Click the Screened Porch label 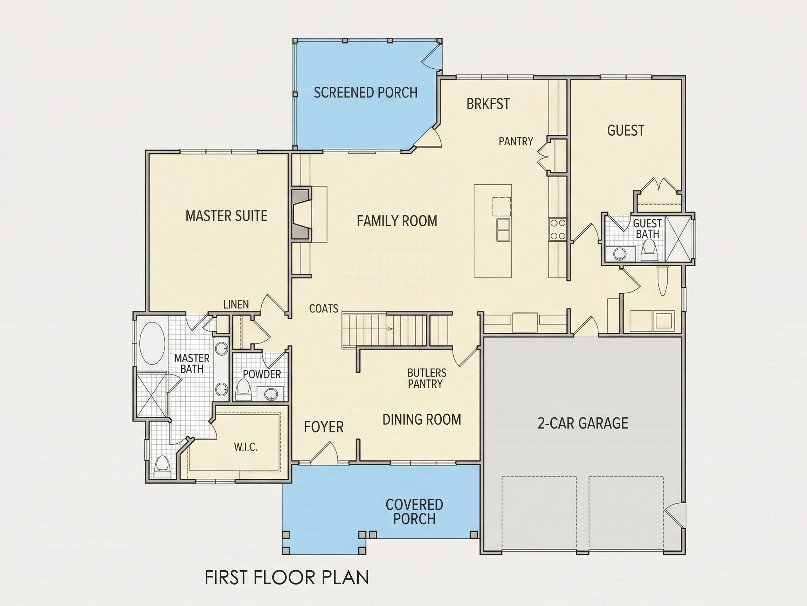coord(366,93)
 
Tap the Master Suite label coord(226,216)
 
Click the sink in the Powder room coord(270,394)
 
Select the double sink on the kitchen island coord(503,229)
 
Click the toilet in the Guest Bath coord(648,251)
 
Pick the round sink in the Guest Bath coord(619,253)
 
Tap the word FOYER coord(324,427)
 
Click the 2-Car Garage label coord(582,423)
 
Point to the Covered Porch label coord(414,512)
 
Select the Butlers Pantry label coord(427,378)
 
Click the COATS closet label coord(324,309)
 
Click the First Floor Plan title coord(287,578)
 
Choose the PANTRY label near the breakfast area coord(516,141)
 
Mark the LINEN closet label coord(236,304)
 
